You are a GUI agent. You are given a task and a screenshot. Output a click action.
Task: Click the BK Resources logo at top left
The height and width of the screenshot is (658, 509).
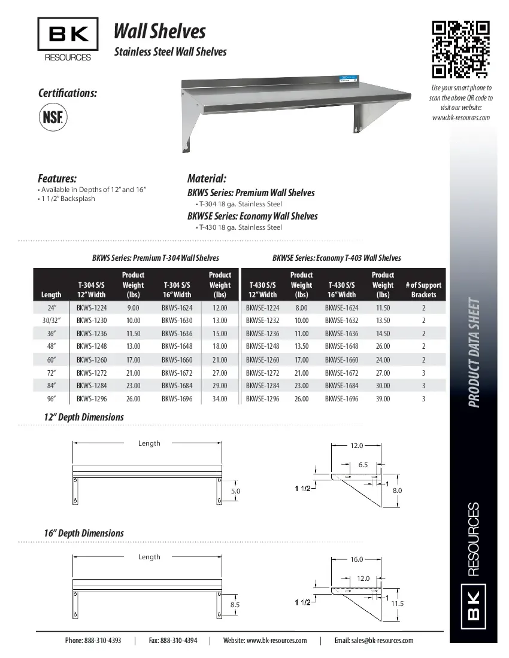[x=68, y=39]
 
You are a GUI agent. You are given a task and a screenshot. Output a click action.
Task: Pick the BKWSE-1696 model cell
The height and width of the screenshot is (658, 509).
[x=341, y=399]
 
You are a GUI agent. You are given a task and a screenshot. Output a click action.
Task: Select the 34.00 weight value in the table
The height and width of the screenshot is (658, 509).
[x=220, y=399]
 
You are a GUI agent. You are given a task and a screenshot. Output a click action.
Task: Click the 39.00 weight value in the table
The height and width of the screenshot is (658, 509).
[x=382, y=399]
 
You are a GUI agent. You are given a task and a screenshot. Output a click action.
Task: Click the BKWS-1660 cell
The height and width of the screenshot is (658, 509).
[x=177, y=360]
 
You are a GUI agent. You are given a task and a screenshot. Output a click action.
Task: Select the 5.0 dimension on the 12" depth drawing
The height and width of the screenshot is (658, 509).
[x=235, y=491]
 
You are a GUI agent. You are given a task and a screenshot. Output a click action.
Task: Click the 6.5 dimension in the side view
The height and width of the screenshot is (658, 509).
[x=363, y=465]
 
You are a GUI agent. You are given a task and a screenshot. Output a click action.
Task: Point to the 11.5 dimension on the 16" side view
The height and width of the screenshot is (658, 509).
[x=398, y=604]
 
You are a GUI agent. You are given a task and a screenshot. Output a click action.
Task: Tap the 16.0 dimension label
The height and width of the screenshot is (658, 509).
[x=356, y=559]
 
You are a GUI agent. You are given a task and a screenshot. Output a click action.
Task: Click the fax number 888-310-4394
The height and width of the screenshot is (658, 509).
[x=173, y=641]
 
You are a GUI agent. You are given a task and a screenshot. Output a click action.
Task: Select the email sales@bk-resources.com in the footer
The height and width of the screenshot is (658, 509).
[x=374, y=641]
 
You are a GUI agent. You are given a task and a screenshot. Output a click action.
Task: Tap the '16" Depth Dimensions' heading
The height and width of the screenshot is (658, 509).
[x=84, y=533]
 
